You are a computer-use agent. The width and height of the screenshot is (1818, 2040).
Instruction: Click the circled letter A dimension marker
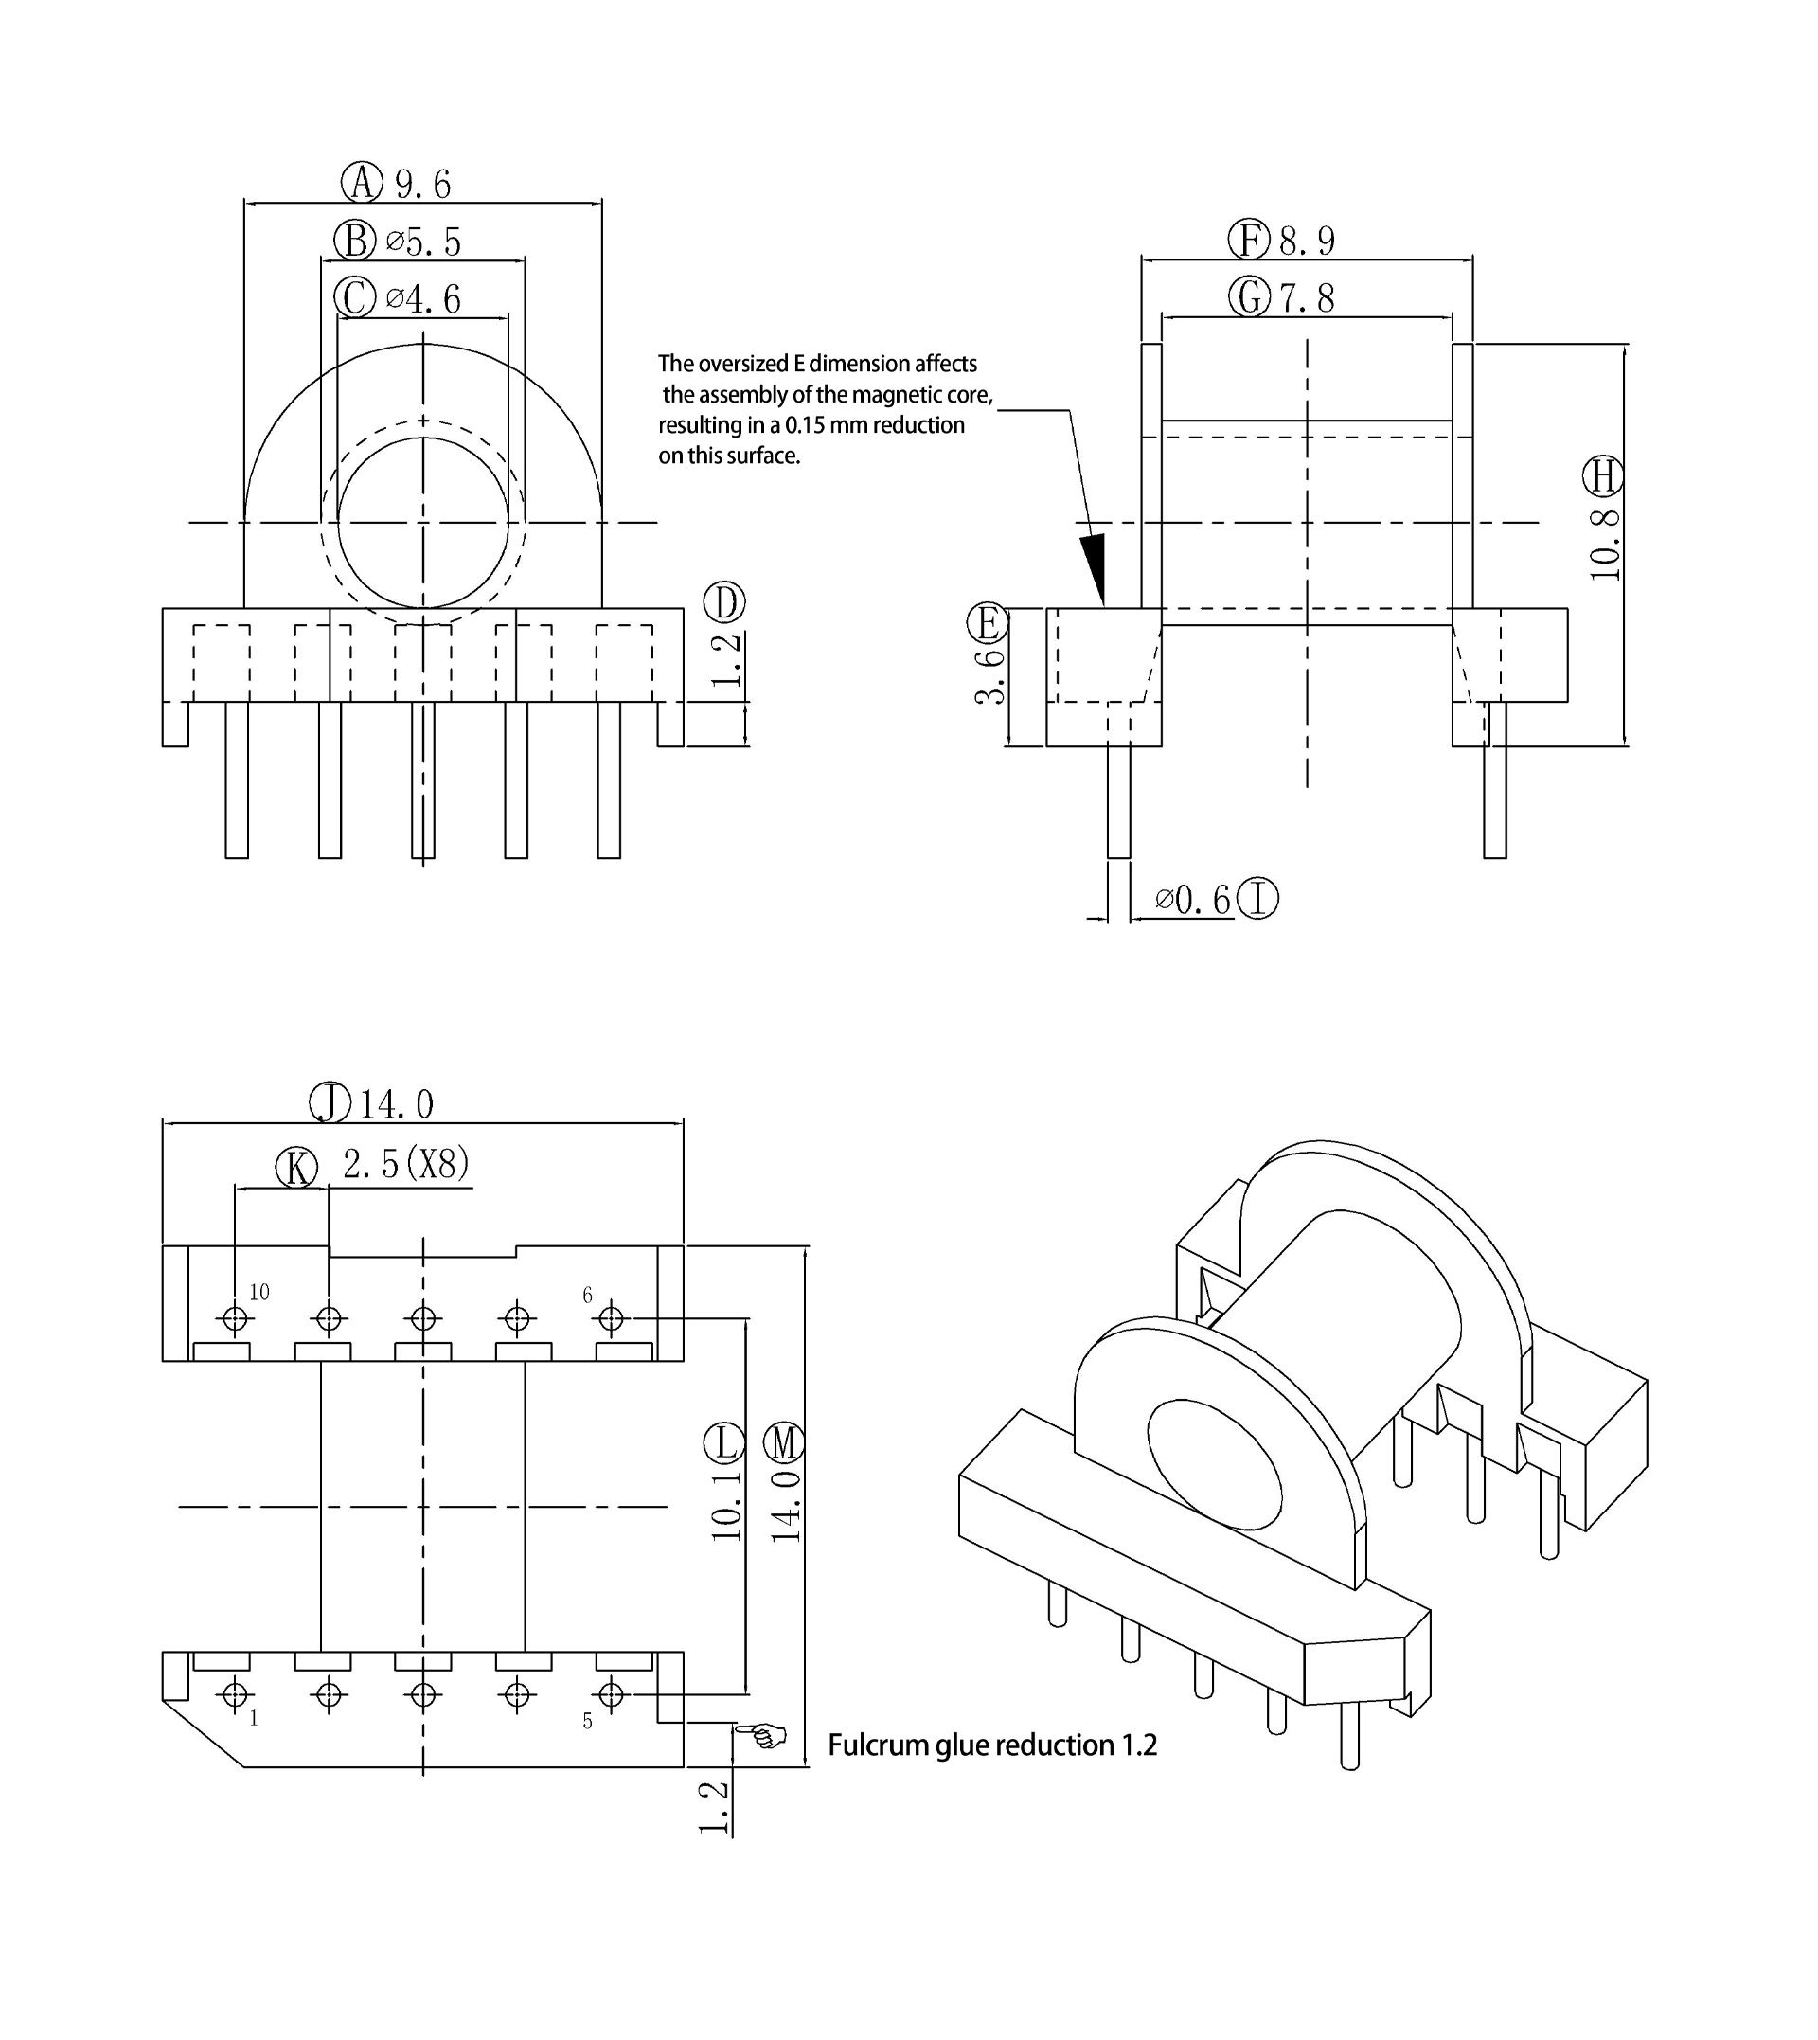tap(362, 183)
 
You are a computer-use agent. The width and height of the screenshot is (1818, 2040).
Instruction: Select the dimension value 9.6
tap(423, 185)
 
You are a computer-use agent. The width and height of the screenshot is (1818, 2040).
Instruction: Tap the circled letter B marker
tap(355, 241)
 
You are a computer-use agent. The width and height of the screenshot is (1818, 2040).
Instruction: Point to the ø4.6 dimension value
tap(423, 298)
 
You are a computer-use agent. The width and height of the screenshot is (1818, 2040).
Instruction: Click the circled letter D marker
tap(724, 602)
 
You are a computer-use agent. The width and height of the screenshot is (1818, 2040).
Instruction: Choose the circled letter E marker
tap(988, 623)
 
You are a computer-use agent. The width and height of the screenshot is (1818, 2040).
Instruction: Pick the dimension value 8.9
tap(1308, 241)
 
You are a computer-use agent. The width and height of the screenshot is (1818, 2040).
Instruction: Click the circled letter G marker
tap(1250, 296)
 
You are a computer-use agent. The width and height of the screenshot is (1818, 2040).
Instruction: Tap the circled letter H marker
tap(1603, 476)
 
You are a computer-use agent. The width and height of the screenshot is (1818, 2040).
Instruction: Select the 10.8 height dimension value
tap(1604, 545)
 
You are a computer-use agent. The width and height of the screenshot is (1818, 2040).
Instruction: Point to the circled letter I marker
tap(1257, 898)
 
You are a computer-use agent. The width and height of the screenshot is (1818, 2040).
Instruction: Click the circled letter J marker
tap(330, 1104)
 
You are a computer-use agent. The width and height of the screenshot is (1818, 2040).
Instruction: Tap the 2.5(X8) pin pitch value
tap(405, 1164)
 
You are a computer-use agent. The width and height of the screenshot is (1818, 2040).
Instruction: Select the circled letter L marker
tap(724, 1443)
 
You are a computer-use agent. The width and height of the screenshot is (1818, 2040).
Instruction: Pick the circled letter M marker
tap(784, 1443)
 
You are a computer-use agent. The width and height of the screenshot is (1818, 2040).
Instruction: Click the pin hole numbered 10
tap(236, 1319)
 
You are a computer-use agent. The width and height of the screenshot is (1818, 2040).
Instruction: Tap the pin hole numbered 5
tap(611, 1695)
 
